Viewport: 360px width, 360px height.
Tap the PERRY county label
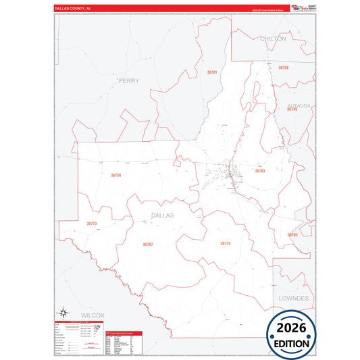[x=128, y=80]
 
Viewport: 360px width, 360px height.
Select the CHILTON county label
[x=273, y=39]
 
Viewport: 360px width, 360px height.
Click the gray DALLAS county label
[x=162, y=215]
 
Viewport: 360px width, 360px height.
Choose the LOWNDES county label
[x=293, y=298]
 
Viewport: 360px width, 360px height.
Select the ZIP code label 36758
[x=284, y=68]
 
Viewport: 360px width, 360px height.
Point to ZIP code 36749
[x=292, y=109]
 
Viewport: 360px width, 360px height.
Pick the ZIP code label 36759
[x=116, y=176]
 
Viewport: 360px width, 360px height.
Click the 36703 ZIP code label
[x=260, y=171]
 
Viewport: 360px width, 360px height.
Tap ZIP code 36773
[x=92, y=224]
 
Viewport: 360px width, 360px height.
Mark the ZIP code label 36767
[x=148, y=245]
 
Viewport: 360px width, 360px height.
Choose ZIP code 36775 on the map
[x=225, y=243]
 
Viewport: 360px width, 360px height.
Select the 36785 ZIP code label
[x=292, y=235]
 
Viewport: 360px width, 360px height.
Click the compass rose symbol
[x=63, y=312]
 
